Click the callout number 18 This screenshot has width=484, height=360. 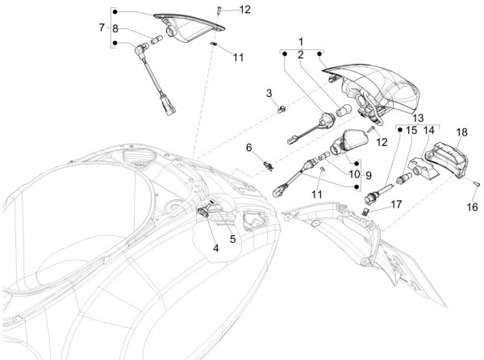pos(461,132)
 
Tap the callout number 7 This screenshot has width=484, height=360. pos(102,27)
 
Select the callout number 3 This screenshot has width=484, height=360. pos(269,93)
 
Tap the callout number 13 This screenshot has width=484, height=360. pos(418,118)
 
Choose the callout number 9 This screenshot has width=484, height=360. pos(369,175)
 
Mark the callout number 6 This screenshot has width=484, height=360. pos(248,148)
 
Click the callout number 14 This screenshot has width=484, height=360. pos(429,130)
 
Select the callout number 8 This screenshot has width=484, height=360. pos(115,29)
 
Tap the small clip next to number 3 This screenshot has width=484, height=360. pos(282,109)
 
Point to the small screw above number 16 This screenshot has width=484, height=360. pos(477,184)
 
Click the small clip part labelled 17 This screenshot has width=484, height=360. pos(365,211)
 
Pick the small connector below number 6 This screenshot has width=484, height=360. pos(269,166)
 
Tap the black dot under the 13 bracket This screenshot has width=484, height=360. pos(400,130)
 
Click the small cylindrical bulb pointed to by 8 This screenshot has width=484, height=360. pos(156,40)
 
